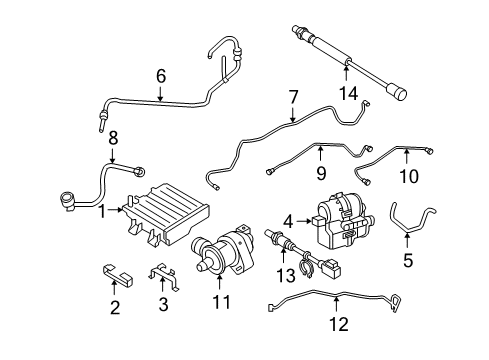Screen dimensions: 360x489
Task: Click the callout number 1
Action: point(102,210)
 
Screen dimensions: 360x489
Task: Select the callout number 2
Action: point(115,308)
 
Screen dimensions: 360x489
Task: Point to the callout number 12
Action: point(337,323)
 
